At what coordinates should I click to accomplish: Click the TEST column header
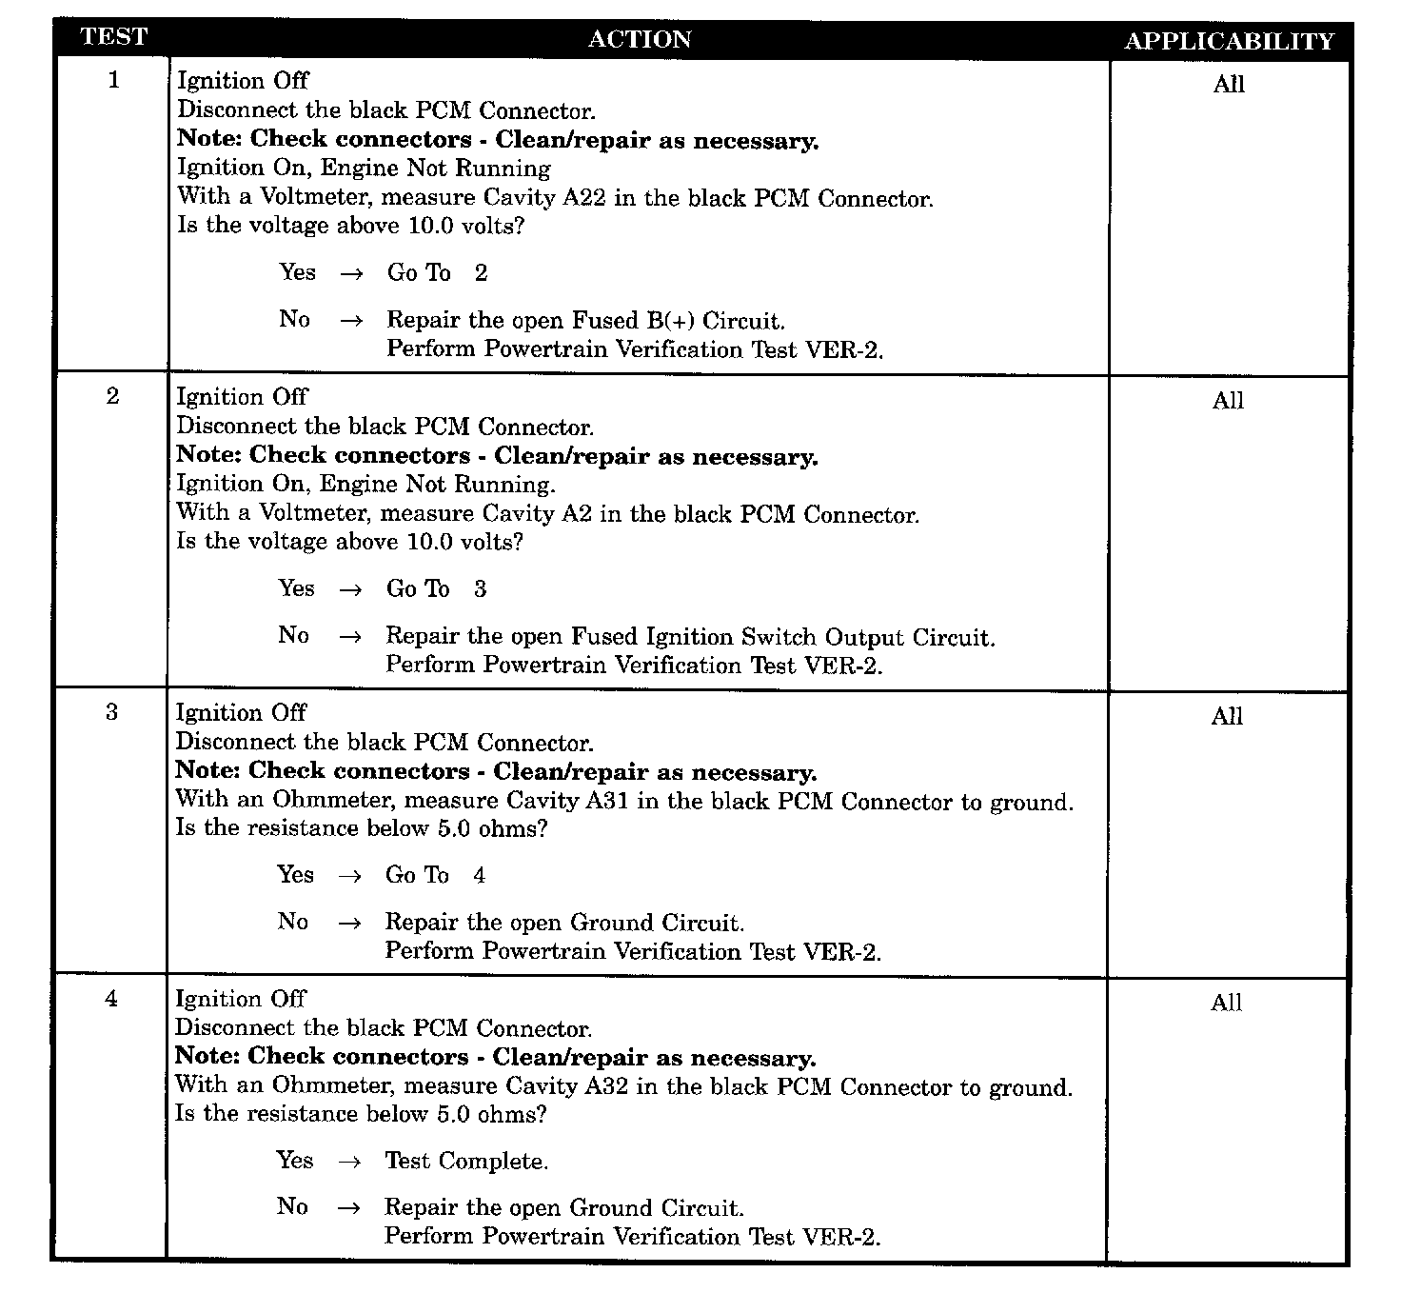pos(114,37)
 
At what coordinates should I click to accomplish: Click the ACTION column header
pos(640,39)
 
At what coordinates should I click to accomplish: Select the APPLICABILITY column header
pos(1229,42)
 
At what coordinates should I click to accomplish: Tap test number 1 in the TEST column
pos(114,80)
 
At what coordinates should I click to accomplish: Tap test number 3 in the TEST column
pos(111,712)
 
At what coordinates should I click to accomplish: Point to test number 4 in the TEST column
pos(111,999)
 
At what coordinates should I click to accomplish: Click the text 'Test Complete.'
pos(466,1161)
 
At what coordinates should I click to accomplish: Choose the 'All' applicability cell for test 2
pos(1228,401)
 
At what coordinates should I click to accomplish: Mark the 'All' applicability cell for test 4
pos(1226,1003)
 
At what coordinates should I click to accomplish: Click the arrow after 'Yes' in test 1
pos(351,274)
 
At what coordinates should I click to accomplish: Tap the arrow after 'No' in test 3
pos(349,923)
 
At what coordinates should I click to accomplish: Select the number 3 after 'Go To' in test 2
pos(480,589)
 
